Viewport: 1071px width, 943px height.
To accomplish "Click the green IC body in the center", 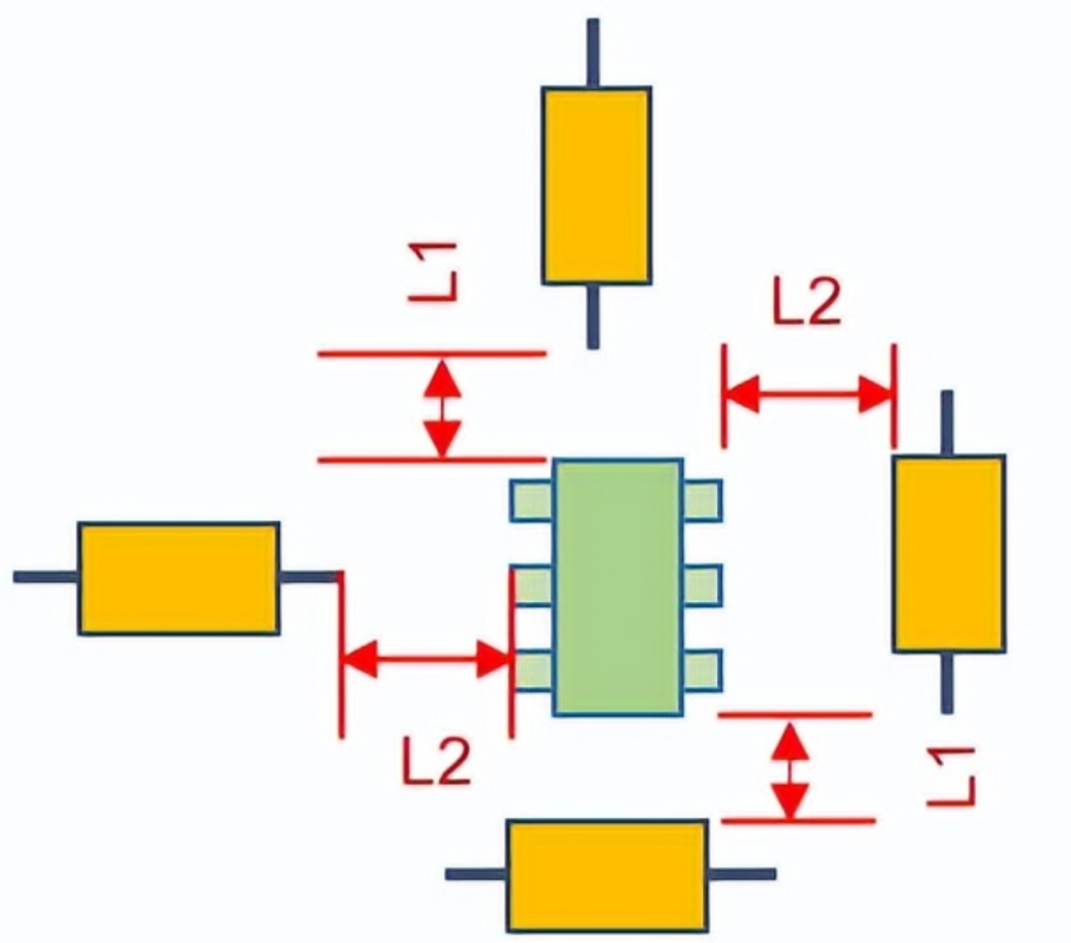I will pyautogui.click(x=617, y=587).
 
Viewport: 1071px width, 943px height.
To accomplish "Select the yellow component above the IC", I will pyautogui.click(x=595, y=185).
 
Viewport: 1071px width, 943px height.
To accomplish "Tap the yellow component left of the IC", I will pyautogui.click(x=178, y=578).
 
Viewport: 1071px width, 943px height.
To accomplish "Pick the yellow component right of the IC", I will pyautogui.click(x=948, y=553).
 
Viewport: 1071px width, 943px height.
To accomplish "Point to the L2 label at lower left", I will pyautogui.click(x=436, y=764).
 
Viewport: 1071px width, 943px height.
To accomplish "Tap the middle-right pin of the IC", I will pyautogui.click(x=702, y=585).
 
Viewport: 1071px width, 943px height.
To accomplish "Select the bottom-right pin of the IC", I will pyautogui.click(x=702, y=669).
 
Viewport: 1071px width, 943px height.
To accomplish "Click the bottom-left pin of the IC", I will pyautogui.click(x=533, y=669).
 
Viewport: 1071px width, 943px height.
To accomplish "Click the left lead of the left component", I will pyautogui.click(x=46, y=577).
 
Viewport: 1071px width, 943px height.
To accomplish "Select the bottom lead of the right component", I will pyautogui.click(x=947, y=682).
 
